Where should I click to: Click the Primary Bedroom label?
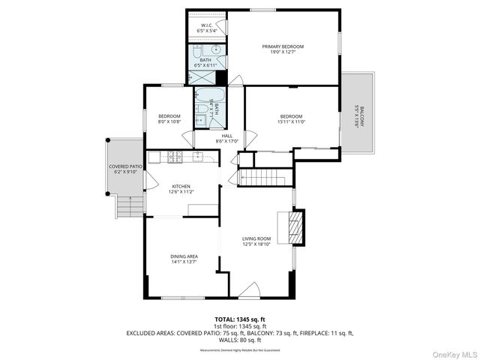(283, 49)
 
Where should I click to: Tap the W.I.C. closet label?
(207, 28)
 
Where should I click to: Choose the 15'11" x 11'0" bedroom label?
(291, 119)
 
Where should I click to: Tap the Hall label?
(226, 138)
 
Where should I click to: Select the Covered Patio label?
(125, 169)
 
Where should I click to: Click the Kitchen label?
(181, 189)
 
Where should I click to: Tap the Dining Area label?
(184, 259)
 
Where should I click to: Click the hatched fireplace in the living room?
(297, 227)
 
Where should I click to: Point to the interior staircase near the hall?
(263, 178)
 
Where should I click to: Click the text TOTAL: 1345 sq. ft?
(239, 318)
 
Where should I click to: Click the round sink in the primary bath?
(216, 50)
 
